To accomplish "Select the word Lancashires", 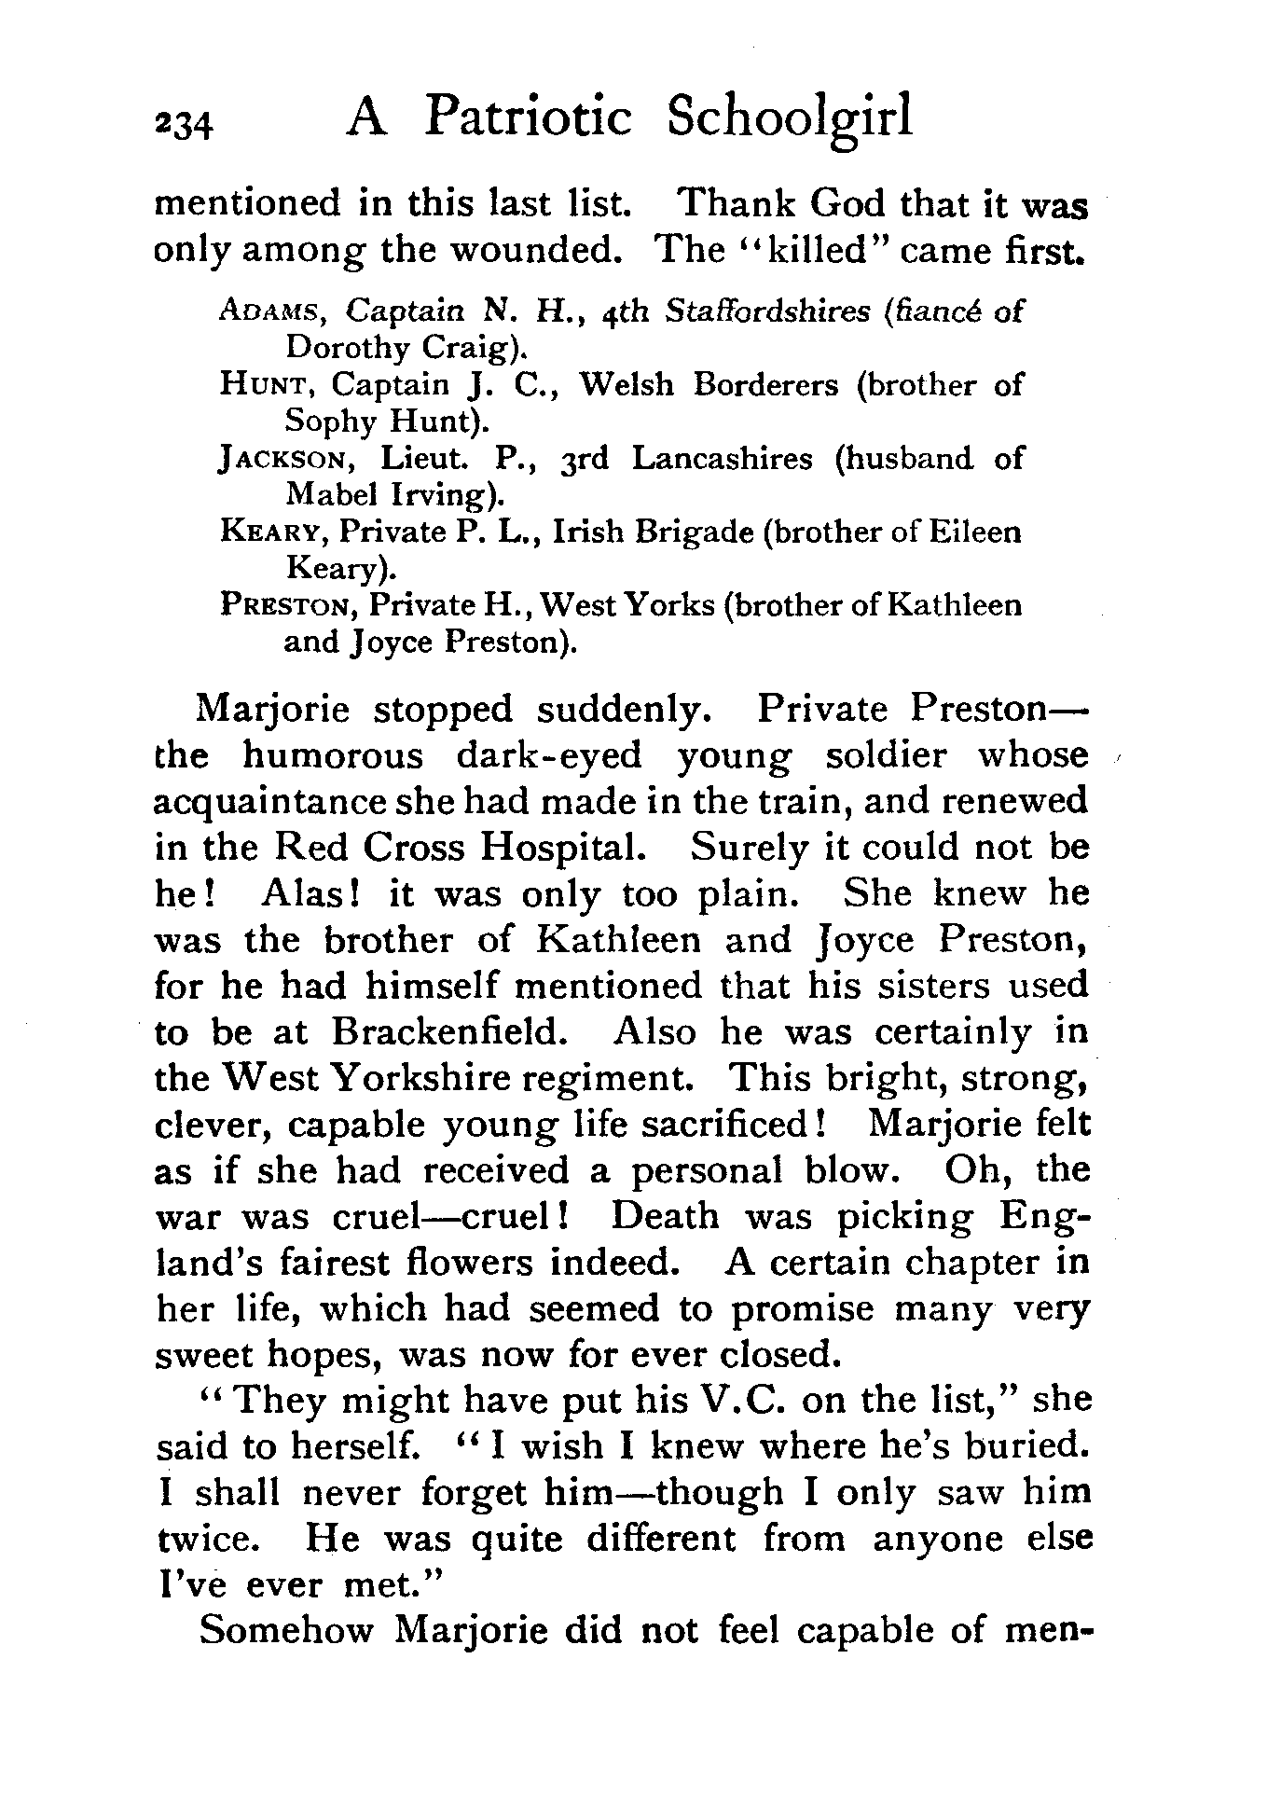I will pos(722,459).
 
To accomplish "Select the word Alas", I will pos(311,893).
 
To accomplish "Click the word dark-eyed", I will pos(548,755).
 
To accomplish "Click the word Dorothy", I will pos(335,347).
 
